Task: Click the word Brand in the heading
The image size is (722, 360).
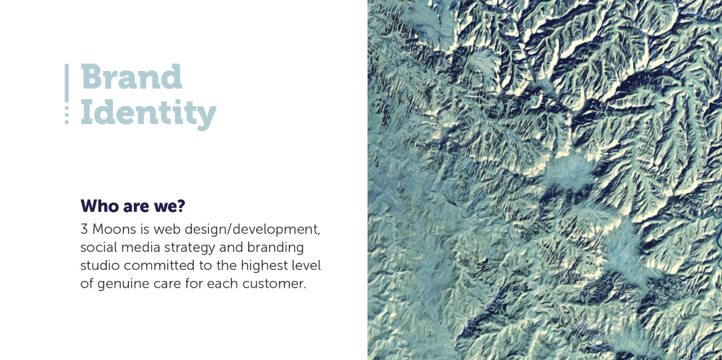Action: (131, 77)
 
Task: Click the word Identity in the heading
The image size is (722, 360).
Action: (148, 113)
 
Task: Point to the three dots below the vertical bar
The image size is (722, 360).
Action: (67, 115)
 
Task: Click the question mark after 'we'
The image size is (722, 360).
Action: (180, 206)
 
